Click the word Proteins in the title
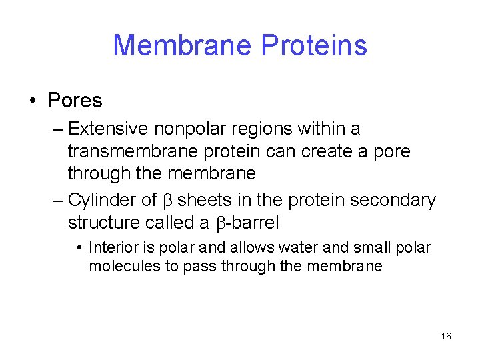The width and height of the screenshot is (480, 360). pyautogui.click(x=314, y=45)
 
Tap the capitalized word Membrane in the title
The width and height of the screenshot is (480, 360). pyautogui.click(x=182, y=45)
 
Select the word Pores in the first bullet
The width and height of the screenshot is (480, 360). pyautogui.click(x=75, y=101)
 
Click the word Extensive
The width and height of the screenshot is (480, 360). pyautogui.click(x=110, y=128)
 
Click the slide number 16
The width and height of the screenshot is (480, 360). pyautogui.click(x=446, y=336)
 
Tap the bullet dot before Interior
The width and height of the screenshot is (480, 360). pyautogui.click(x=79, y=249)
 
